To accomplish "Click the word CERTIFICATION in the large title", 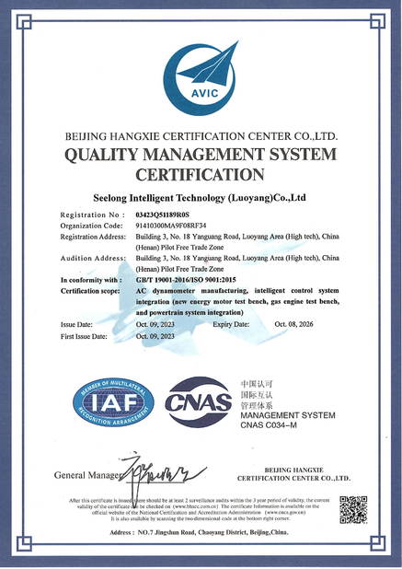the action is [200, 174].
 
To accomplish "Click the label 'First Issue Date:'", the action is [84, 336].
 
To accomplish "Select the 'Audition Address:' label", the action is [93, 259].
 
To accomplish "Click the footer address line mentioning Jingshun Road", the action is [200, 532].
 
